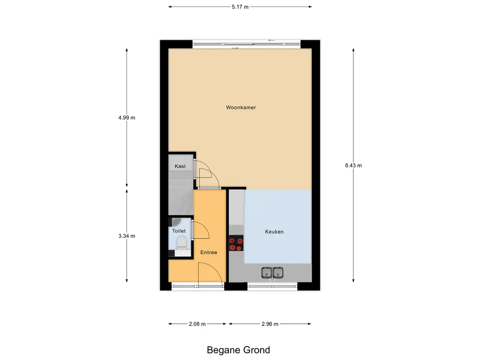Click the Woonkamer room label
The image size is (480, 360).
click(241, 107)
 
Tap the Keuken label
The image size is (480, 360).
click(274, 232)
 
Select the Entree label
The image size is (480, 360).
click(209, 253)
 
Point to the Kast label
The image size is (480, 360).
click(180, 166)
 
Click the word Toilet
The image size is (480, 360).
click(179, 231)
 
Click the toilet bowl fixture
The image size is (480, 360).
click(180, 243)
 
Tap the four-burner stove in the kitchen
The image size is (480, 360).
click(236, 244)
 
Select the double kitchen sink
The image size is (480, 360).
click(272, 272)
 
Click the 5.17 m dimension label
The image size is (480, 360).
click(240, 7)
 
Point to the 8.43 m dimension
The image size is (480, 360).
click(353, 165)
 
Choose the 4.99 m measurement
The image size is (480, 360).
click(127, 118)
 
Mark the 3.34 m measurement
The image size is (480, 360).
click(127, 236)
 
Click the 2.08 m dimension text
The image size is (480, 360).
click(197, 324)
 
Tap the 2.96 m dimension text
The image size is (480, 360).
click(270, 324)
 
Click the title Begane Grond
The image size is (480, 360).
click(239, 350)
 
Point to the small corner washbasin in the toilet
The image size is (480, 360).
click(174, 221)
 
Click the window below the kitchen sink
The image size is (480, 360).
click(272, 285)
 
